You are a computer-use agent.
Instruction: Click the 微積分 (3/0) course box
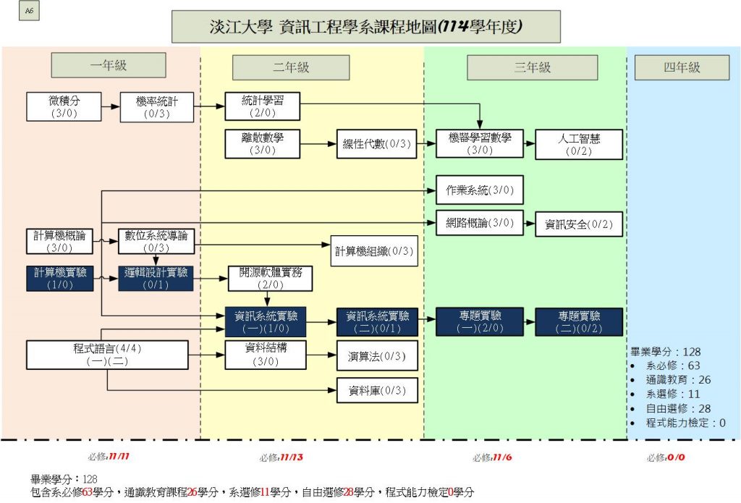(64, 106)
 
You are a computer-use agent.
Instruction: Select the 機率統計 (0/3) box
(156, 106)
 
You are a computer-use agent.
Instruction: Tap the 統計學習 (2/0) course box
(261, 106)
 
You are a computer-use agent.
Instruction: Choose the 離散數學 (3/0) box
(261, 144)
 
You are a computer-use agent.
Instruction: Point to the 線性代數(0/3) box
(376, 144)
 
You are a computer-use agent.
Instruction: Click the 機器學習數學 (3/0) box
(479, 144)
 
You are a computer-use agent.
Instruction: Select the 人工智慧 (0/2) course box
(579, 144)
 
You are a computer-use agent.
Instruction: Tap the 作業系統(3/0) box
(479, 190)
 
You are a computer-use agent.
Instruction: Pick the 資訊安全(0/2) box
(579, 224)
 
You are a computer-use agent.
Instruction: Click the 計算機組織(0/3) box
(373, 251)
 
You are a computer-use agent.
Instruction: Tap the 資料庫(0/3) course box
(378, 391)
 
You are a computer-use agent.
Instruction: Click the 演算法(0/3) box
(378, 355)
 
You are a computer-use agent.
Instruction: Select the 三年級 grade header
(532, 67)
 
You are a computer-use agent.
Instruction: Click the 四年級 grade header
(682, 67)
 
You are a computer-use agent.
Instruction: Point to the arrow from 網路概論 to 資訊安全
(529, 224)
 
